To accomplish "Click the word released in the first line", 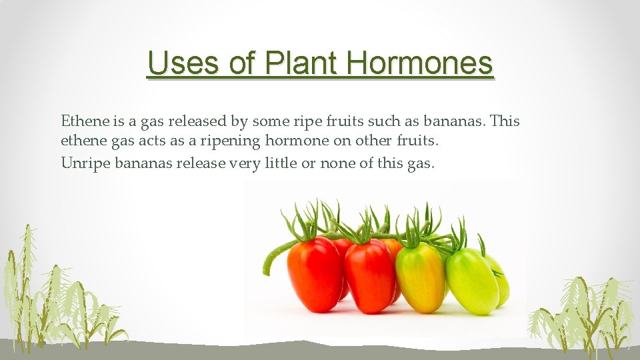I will pos(198,121).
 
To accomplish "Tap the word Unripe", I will pos(83,162).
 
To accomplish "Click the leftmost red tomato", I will pos(315,273).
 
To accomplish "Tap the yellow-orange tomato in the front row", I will pos(420,277).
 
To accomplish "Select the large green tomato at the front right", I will pos(471,281).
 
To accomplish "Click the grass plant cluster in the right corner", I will pos(587,310).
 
